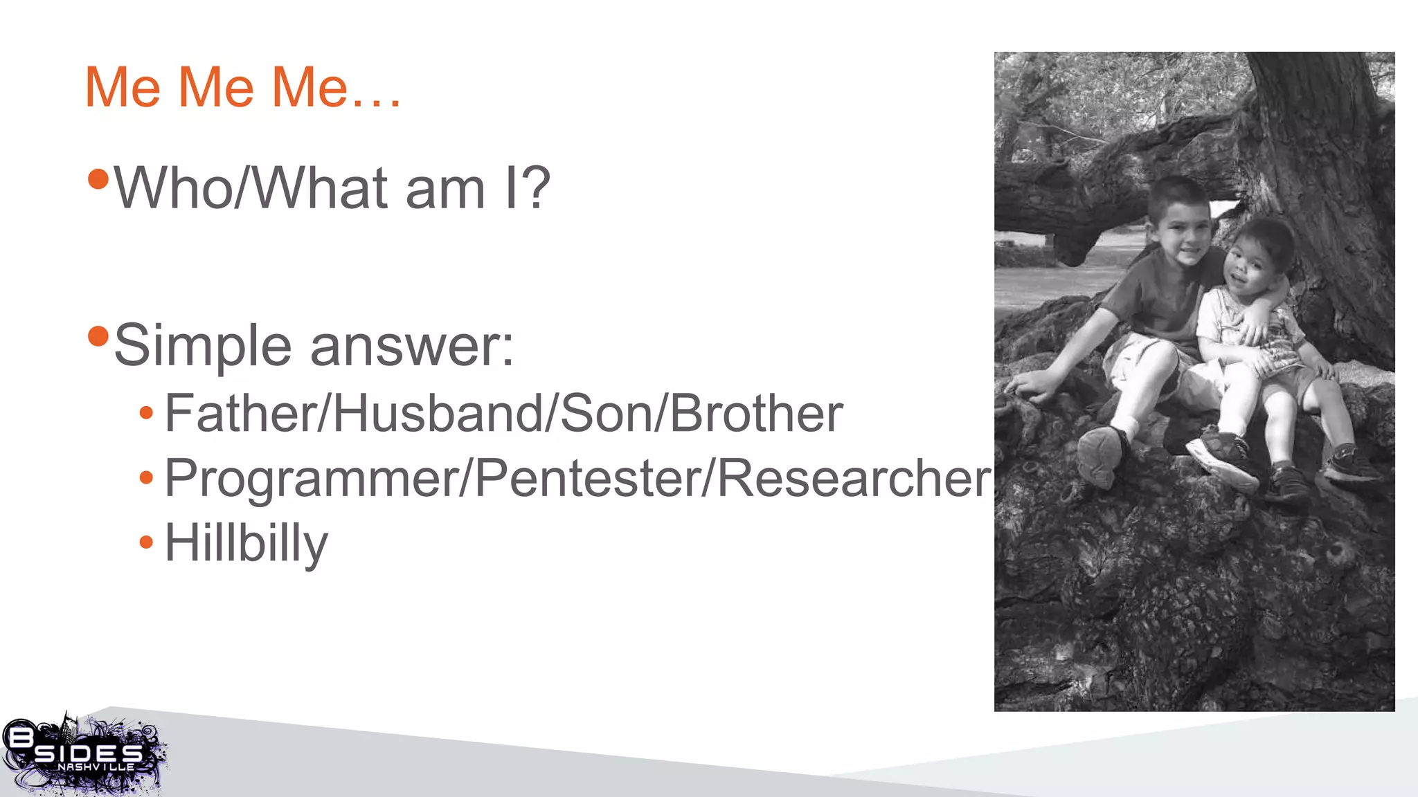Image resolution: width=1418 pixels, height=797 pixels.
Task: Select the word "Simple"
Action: [x=202, y=346]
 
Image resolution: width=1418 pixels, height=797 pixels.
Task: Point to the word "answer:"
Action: [x=412, y=346]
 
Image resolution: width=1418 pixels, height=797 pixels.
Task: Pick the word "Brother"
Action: [x=756, y=414]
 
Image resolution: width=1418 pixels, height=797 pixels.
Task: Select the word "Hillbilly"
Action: [x=246, y=544]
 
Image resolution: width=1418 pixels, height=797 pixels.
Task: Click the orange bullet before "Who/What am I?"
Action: [x=99, y=179]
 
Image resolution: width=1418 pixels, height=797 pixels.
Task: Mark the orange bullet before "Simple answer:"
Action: [x=99, y=337]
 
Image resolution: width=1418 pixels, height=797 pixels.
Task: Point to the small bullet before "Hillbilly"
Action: [x=146, y=542]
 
